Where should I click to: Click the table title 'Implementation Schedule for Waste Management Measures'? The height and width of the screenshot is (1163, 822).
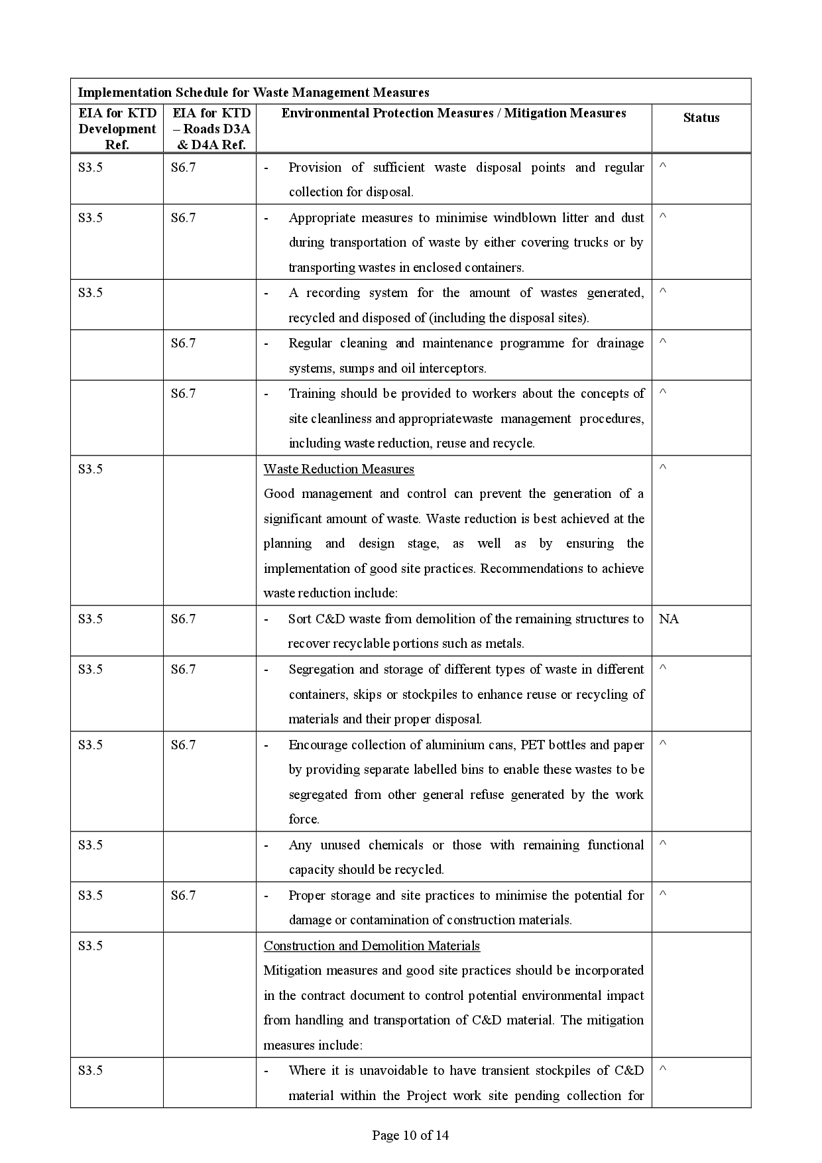[253, 92]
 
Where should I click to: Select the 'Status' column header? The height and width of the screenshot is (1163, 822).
[701, 118]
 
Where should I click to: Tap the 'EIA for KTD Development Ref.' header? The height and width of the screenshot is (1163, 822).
[117, 129]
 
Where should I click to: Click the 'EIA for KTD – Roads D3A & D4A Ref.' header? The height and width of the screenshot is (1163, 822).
[211, 129]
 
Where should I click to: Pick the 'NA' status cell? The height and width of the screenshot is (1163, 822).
[668, 619]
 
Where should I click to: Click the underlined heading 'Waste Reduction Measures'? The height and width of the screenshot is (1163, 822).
[339, 469]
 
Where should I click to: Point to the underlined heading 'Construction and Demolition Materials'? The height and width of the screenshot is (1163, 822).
[372, 946]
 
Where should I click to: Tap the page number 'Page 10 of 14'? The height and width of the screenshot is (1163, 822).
[410, 1135]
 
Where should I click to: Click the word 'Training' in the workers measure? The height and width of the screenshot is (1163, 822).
[312, 393]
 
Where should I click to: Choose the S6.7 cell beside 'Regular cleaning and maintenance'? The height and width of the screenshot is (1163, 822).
[183, 343]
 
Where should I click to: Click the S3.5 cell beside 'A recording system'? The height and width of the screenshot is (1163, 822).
[90, 292]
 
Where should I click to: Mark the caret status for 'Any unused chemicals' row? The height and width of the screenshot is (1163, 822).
[662, 844]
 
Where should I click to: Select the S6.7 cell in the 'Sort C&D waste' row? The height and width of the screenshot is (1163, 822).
[183, 619]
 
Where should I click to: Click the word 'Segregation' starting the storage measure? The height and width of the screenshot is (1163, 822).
[320, 669]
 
